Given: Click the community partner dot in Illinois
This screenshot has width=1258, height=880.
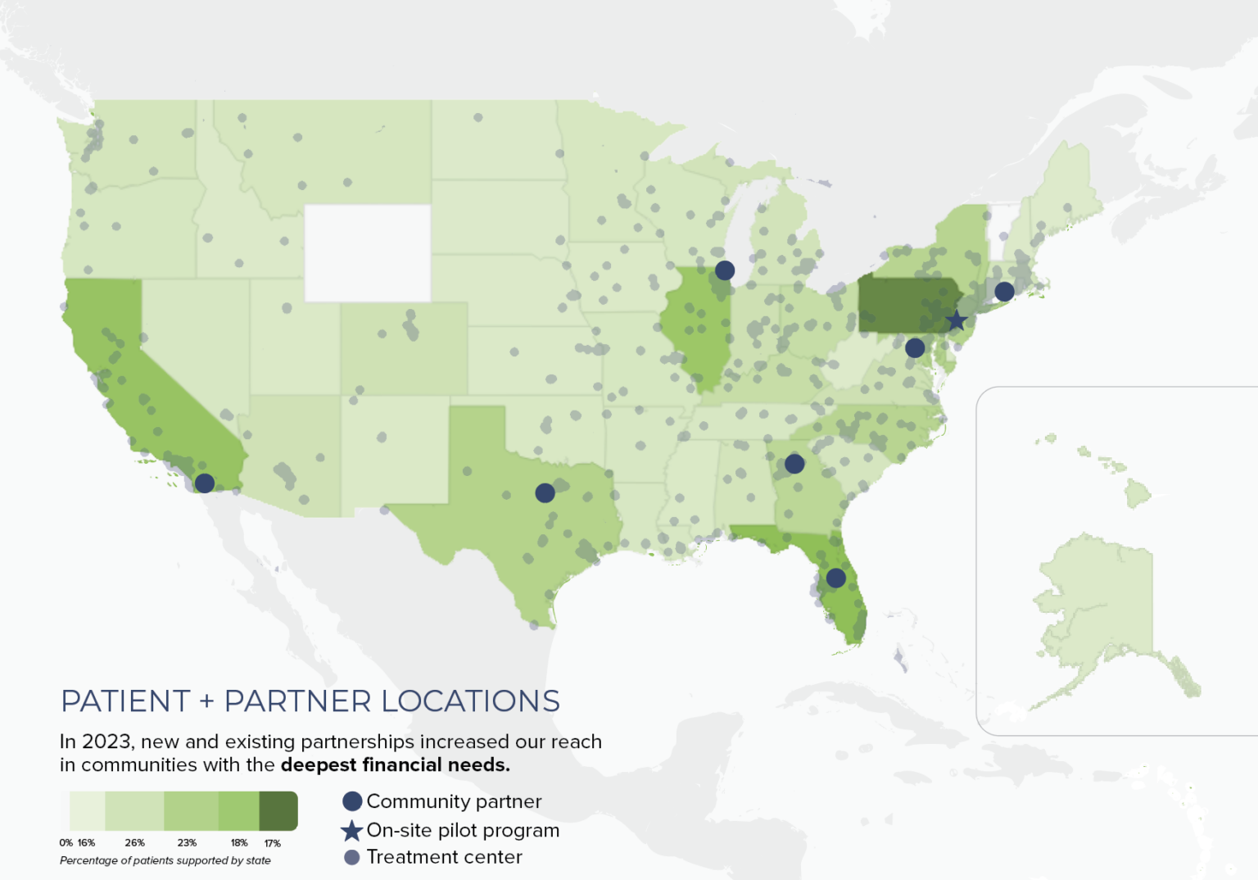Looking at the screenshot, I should tap(724, 270).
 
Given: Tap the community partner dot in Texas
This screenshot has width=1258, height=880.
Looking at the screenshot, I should tap(545, 492).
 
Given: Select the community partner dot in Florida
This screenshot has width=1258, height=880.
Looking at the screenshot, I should tap(835, 578).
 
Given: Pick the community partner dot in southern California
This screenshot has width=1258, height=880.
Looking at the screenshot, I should tap(205, 483).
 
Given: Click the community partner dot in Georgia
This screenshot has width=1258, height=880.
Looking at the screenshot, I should tap(794, 464).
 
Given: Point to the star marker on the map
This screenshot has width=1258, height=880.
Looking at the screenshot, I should tap(956, 320).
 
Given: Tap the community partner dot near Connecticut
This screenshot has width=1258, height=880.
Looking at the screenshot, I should tap(1004, 291).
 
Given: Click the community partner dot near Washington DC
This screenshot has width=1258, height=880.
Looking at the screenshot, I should tap(915, 347).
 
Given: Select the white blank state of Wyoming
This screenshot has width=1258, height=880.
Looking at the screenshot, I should tap(368, 252).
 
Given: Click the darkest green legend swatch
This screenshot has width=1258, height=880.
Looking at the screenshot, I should tap(278, 811).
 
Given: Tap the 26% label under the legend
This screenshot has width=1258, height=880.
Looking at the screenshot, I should tap(135, 842).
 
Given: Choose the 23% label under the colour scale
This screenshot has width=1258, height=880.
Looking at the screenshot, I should tap(187, 842).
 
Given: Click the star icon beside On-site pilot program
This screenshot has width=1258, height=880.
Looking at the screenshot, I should tap(351, 831).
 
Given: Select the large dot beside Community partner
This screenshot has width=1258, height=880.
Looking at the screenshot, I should tap(352, 801).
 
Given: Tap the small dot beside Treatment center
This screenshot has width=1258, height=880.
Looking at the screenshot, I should tap(352, 857).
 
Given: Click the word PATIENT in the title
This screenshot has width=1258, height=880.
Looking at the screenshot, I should tap(125, 701).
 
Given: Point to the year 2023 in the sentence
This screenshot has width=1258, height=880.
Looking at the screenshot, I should tap(106, 742).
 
